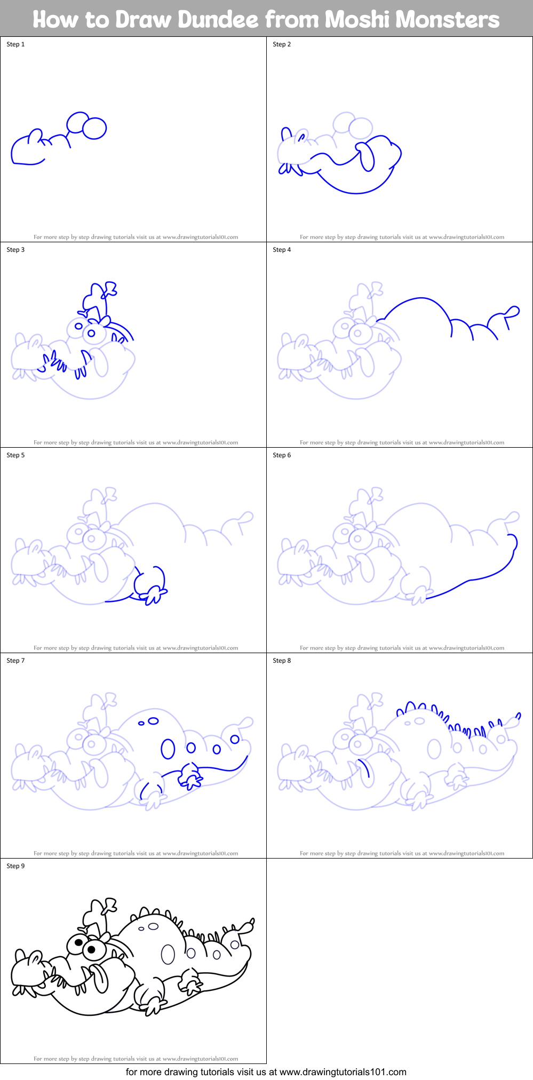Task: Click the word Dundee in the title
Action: pyautogui.click(x=218, y=20)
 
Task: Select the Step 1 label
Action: pyautogui.click(x=15, y=44)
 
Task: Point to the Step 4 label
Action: pyautogui.click(x=282, y=250)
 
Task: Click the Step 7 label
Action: pyautogui.click(x=15, y=661)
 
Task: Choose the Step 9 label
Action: pyautogui.click(x=15, y=866)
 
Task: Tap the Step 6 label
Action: pyautogui.click(x=282, y=455)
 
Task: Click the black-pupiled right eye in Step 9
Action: pyautogui.click(x=91, y=949)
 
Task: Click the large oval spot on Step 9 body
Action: pyautogui.click(x=168, y=955)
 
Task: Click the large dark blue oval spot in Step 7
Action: pyautogui.click(x=168, y=749)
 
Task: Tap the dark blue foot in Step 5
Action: pyautogui.click(x=154, y=593)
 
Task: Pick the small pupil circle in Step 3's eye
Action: pyautogui.click(x=91, y=333)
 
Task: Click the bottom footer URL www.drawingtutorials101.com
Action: pyautogui.click(x=343, y=1072)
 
